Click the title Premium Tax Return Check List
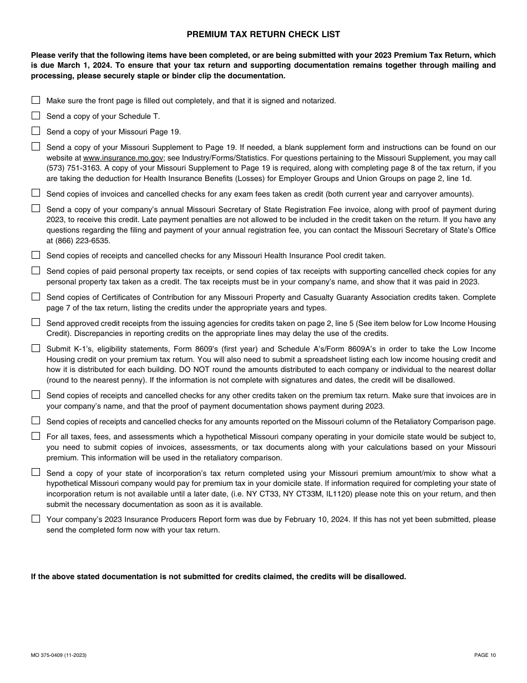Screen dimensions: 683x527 [x=263, y=34]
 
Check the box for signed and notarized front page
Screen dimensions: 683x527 [x=36, y=101]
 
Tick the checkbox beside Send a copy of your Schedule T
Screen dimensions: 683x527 [x=36, y=116]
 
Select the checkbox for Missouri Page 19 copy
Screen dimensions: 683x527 [x=36, y=132]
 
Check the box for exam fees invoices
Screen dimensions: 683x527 [x=36, y=193]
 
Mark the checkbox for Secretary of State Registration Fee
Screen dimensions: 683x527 [x=36, y=209]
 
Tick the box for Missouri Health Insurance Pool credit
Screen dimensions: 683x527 [x=36, y=255]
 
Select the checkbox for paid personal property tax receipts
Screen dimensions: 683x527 [x=36, y=270]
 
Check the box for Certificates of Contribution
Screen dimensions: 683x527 [x=36, y=297]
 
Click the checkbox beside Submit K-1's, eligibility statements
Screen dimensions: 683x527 [x=36, y=348]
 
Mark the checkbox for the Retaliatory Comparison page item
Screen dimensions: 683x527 [x=36, y=421]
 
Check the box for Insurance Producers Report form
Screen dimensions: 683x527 [x=36, y=519]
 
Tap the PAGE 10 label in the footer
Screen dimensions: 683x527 [x=485, y=655]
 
